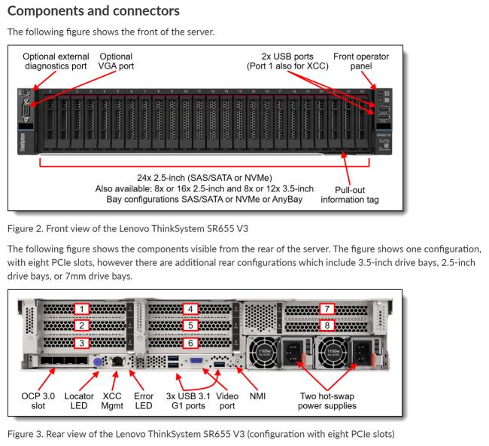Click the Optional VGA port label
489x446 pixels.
116,62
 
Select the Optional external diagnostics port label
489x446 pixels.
56,62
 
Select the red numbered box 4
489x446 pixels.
191,309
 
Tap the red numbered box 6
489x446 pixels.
191,343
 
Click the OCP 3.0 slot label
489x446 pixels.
38,400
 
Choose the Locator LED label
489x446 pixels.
79,400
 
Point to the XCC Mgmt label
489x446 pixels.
113,400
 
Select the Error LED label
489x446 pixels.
144,400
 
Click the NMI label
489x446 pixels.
257,395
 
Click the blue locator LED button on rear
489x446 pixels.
97,362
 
